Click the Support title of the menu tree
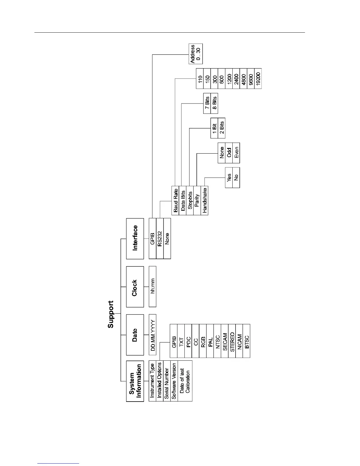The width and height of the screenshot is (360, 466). pos(111,314)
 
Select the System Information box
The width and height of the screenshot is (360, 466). pos(135,381)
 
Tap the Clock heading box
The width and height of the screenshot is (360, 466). pos(135,287)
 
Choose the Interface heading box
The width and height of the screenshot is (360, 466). pos(135,238)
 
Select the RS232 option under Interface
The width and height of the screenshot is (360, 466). pos(160,238)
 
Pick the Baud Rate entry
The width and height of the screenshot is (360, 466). pos(175,201)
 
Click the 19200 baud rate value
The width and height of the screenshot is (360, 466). pos(258,78)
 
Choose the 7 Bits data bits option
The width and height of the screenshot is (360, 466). pos(207,103)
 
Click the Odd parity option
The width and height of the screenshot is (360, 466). pos(229,153)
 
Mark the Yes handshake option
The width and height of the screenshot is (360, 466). pos(229,177)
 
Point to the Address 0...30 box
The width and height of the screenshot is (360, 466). pos(196,54)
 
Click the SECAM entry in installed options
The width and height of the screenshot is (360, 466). pos(225,341)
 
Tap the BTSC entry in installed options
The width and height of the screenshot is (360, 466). pos(246,341)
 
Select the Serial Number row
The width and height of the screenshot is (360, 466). pos(167,381)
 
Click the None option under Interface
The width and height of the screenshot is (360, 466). pos(167,238)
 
